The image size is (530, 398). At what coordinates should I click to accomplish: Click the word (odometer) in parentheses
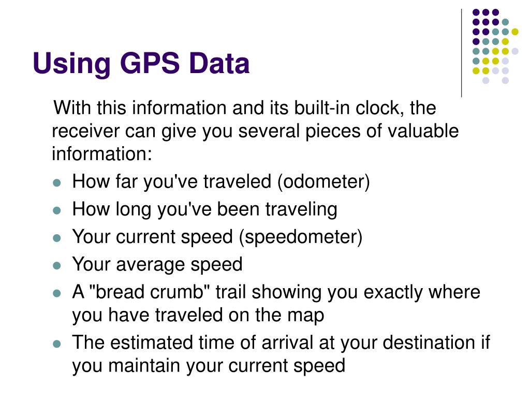(x=323, y=182)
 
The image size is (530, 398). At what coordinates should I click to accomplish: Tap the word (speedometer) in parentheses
(x=300, y=237)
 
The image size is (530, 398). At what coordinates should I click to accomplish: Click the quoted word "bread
(x=117, y=292)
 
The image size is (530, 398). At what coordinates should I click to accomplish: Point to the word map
(x=308, y=315)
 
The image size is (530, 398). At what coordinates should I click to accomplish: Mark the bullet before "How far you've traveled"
(x=57, y=183)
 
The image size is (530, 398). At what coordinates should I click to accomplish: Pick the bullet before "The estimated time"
(x=57, y=344)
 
